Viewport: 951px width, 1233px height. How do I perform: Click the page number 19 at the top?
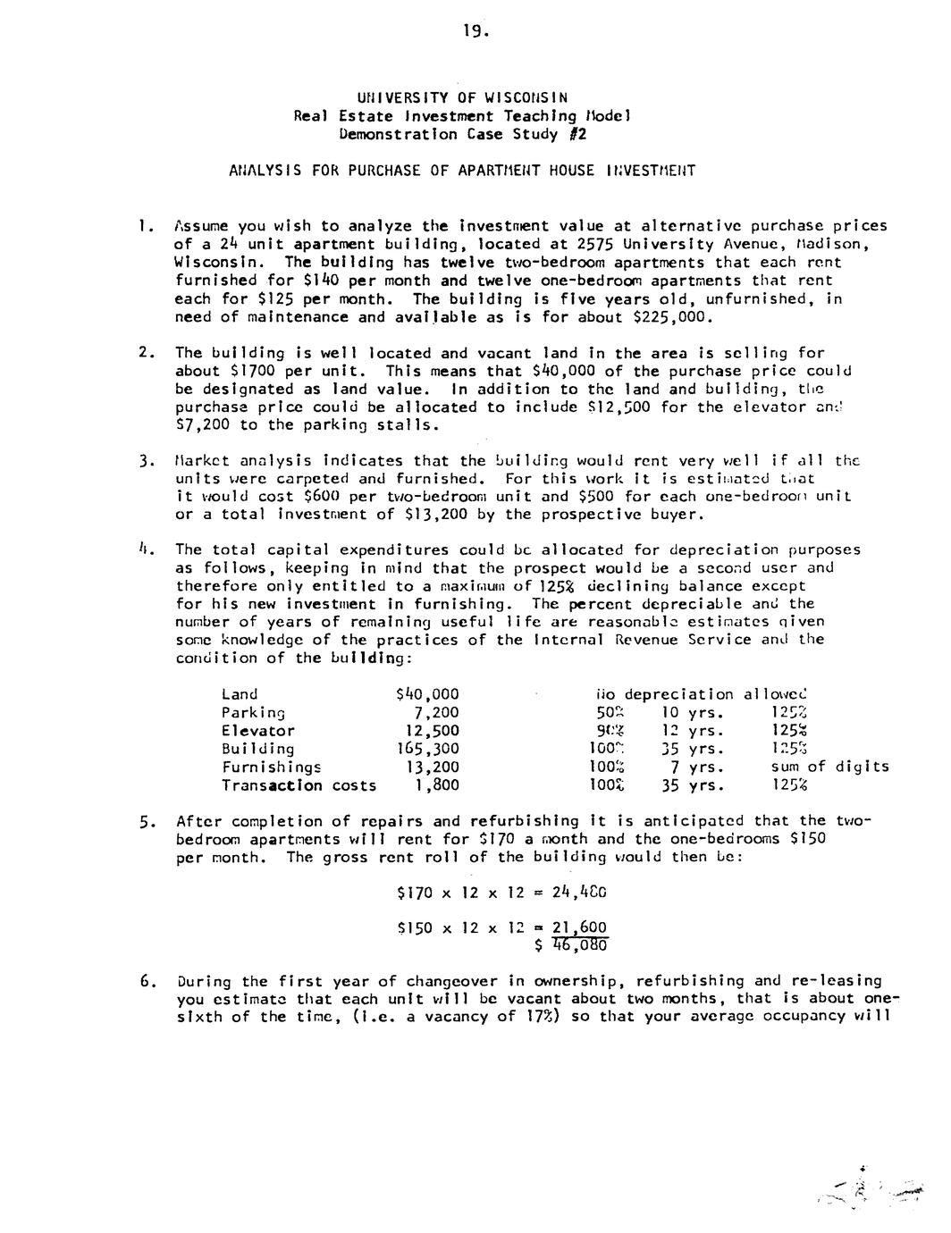coord(475,31)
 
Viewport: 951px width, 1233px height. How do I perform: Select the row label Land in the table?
coord(240,694)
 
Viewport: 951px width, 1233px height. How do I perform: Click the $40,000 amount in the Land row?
coord(426,694)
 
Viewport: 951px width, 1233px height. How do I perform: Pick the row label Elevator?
coord(258,731)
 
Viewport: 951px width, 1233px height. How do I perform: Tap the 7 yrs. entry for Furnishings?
coord(695,767)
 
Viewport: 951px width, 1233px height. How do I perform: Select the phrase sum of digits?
coord(829,767)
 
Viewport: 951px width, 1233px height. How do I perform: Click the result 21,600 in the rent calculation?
coord(578,927)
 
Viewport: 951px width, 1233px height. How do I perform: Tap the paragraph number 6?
coord(145,981)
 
